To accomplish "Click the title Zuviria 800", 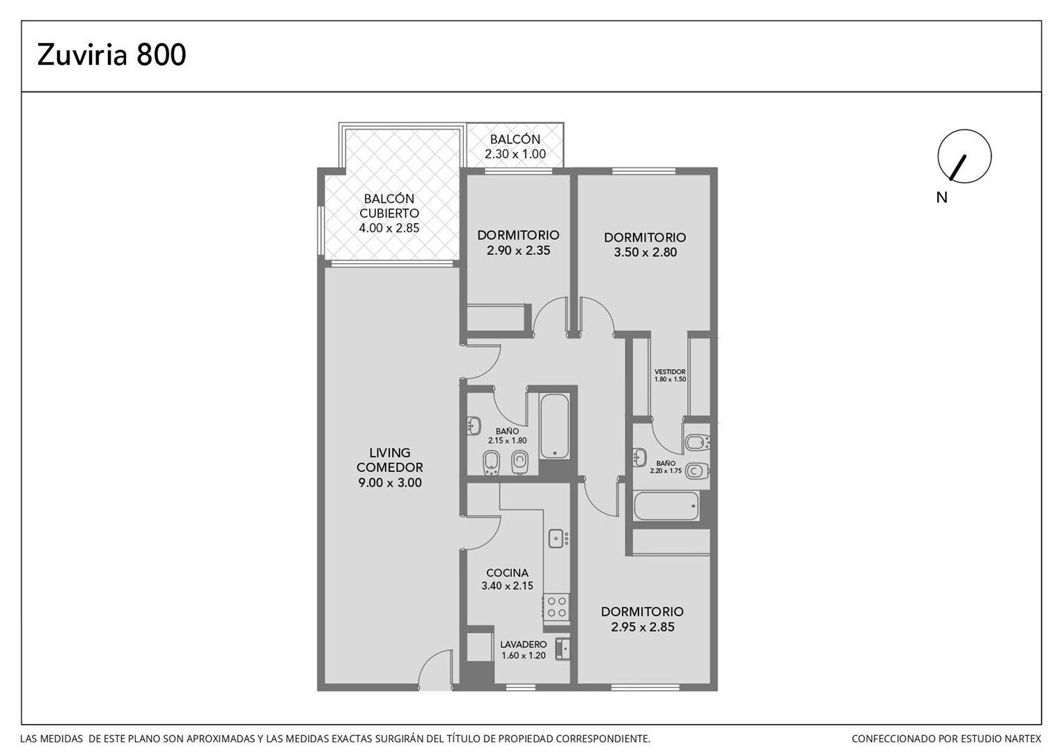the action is [111, 54].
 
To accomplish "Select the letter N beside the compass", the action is [941, 198].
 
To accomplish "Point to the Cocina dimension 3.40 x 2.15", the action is [508, 586].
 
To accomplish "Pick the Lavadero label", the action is [524, 645].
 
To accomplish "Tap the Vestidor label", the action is [670, 372].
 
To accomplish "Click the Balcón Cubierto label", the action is [389, 205].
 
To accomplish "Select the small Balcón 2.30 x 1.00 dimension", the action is [515, 154].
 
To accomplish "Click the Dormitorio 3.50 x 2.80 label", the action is [645, 244].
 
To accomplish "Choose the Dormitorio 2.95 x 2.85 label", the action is [642, 619].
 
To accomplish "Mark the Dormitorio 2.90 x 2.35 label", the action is [518, 243].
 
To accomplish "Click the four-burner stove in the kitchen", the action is [556, 607].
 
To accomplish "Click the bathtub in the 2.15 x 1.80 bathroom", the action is [554, 426].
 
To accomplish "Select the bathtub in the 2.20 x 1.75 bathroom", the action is [666, 506].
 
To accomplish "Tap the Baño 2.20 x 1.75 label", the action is [666, 467].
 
